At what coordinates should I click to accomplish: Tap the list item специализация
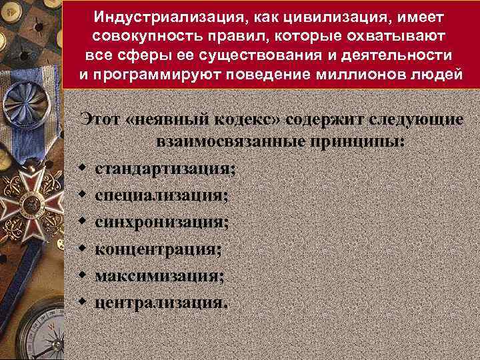161,195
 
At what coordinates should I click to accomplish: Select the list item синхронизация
161,222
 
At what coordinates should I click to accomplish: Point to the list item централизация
161,303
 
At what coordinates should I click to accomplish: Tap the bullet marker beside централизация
79,302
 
